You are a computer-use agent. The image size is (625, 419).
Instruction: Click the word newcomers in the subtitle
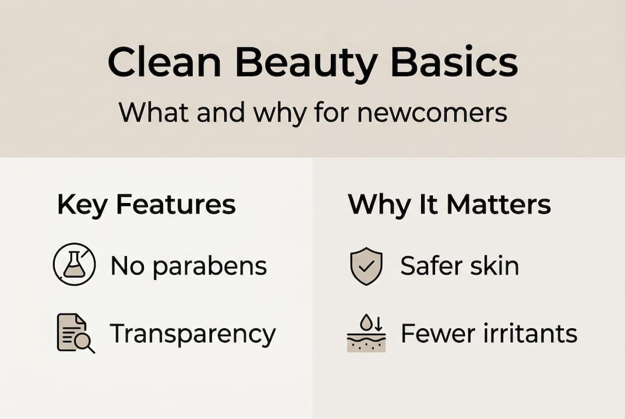click(x=432, y=112)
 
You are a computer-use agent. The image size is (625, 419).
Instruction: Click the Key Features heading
click(x=146, y=205)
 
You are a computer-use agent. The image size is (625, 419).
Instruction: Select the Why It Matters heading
click(x=449, y=205)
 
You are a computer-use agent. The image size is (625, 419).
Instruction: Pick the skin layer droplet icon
click(x=366, y=333)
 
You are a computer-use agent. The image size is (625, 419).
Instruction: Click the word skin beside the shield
click(x=498, y=267)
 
